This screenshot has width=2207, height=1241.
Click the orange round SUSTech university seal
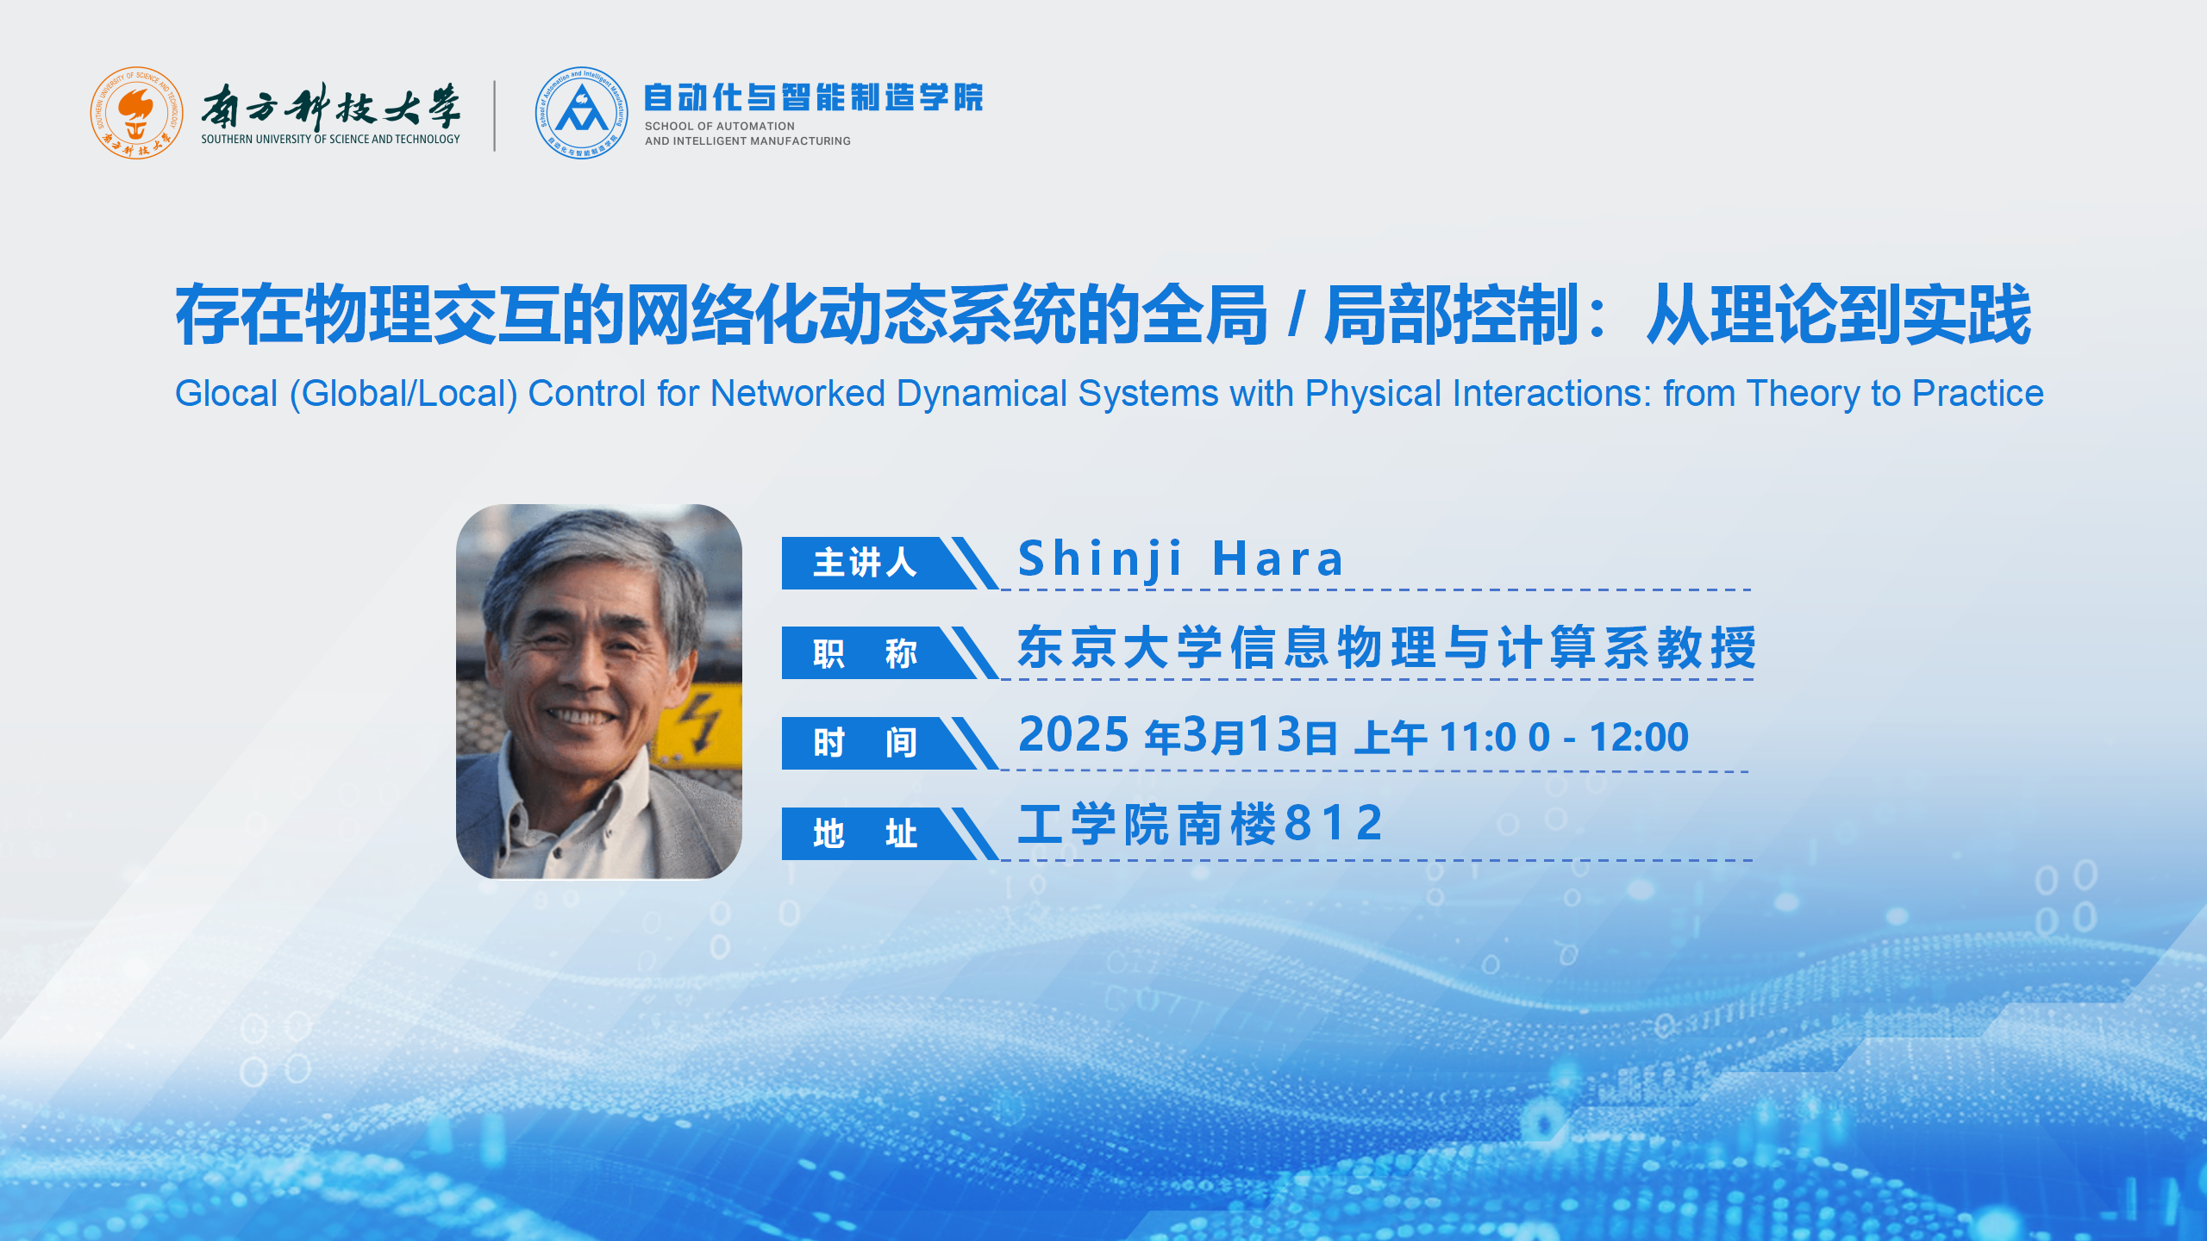136,113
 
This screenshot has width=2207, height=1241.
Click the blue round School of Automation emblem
581,113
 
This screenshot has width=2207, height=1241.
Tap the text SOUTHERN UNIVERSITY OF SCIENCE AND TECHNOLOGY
330,139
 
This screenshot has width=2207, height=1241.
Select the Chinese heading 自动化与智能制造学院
813,97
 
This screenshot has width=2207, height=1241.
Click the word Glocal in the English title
226,394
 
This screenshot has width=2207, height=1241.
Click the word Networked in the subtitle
797,394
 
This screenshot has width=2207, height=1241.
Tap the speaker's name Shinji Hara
1180,558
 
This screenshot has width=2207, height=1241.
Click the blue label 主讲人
865,563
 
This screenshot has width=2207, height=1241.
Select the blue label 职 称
865,653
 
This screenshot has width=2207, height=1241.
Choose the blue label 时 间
865,742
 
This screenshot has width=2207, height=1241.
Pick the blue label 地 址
865,833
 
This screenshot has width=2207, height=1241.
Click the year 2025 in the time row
1073,735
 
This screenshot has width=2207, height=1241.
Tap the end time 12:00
1639,738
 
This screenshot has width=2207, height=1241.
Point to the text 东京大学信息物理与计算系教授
1387,647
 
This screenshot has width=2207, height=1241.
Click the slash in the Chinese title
1296,315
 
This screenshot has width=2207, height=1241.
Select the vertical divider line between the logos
495,115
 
